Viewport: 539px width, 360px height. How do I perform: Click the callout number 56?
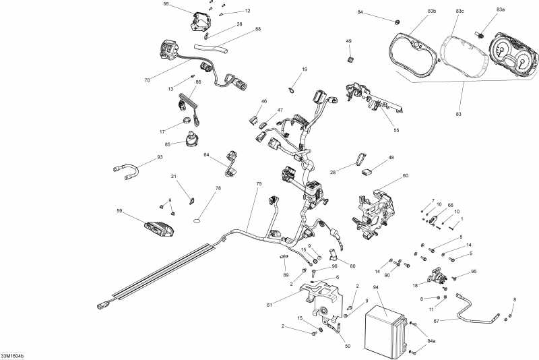(166, 4)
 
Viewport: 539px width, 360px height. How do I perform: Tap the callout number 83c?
(459, 11)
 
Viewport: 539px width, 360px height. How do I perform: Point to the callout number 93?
(141, 158)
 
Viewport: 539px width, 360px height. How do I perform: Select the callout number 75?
(259, 184)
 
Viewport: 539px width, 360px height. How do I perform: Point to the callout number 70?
(147, 80)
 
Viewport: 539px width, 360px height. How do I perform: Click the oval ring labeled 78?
(197, 219)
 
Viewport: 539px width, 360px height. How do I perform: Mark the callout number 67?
(436, 321)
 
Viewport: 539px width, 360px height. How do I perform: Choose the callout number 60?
(405, 175)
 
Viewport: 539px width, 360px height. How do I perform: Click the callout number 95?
(474, 272)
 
